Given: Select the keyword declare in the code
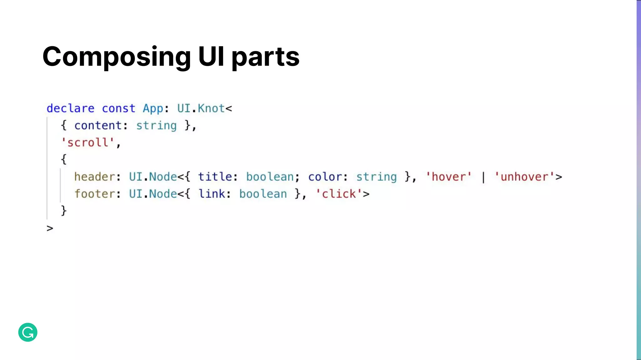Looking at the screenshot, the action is click(70, 108).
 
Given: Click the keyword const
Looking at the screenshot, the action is click(119, 108).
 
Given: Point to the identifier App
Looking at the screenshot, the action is click(153, 108).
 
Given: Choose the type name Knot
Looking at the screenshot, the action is click(211, 108).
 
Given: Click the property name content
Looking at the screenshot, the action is click(98, 126).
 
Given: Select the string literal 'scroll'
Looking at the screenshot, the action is click(88, 142).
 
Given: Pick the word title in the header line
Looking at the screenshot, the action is click(215, 177).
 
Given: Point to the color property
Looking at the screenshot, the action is click(325, 177).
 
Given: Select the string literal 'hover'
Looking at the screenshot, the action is click(449, 177).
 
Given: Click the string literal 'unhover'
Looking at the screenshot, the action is click(524, 177).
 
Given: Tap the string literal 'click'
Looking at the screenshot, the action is click(339, 194).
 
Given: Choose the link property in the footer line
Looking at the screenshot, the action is click(212, 194).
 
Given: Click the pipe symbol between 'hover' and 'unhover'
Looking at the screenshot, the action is click(483, 177).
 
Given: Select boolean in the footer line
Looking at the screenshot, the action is click(263, 194).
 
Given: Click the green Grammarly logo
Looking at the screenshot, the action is click(28, 332).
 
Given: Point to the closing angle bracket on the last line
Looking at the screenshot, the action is click(50, 228).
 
